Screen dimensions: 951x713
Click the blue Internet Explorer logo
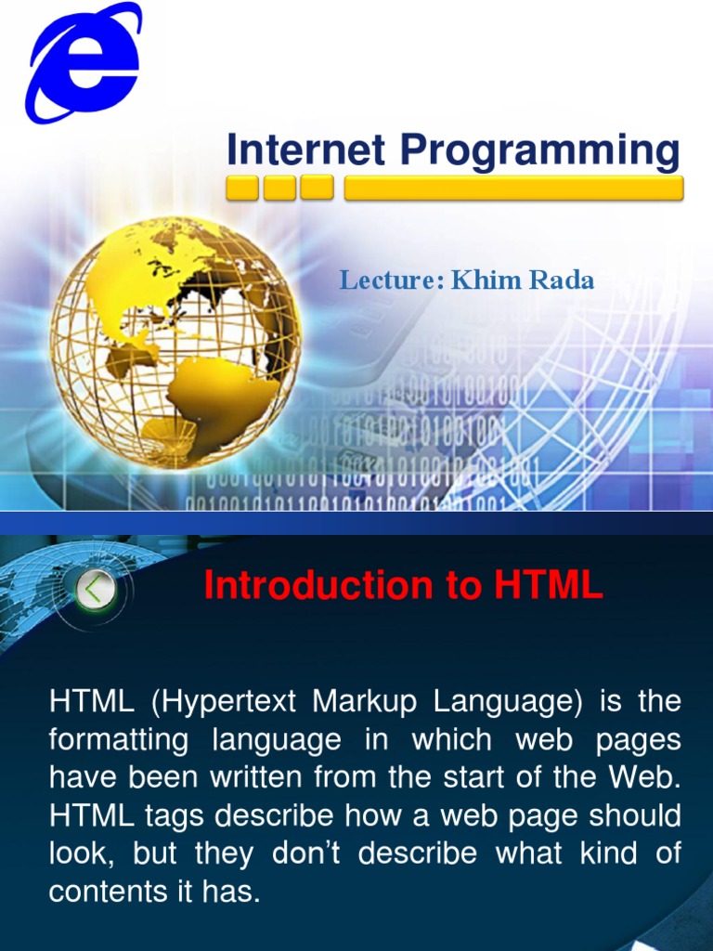pos(83,62)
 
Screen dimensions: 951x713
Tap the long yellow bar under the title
pos(513,189)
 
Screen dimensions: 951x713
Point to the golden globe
pos(175,343)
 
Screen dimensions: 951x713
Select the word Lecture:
pos(392,280)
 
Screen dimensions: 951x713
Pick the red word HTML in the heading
pos(549,586)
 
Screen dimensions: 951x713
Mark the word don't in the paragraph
pos(318,854)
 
